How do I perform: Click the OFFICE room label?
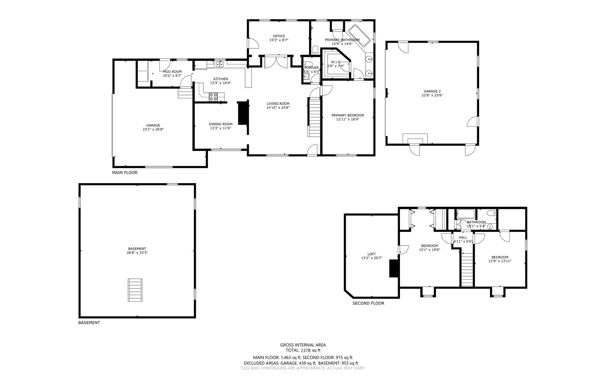[x=279, y=36]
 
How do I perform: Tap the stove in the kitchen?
[x=213, y=97]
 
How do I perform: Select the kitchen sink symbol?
[x=219, y=65]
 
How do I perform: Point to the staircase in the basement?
[x=135, y=290]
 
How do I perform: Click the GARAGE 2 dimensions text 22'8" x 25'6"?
[x=433, y=95]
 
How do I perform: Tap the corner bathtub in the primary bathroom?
[x=359, y=36]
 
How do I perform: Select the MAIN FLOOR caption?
[x=125, y=173]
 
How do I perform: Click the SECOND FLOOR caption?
[x=368, y=303]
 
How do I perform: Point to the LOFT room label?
[x=372, y=254]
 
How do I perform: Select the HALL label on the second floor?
[x=463, y=237]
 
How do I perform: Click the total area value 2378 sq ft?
[x=311, y=350]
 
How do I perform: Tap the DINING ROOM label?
[x=220, y=124]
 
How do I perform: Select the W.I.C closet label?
[x=336, y=62]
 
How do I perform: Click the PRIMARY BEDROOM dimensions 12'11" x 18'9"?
[x=347, y=119]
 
